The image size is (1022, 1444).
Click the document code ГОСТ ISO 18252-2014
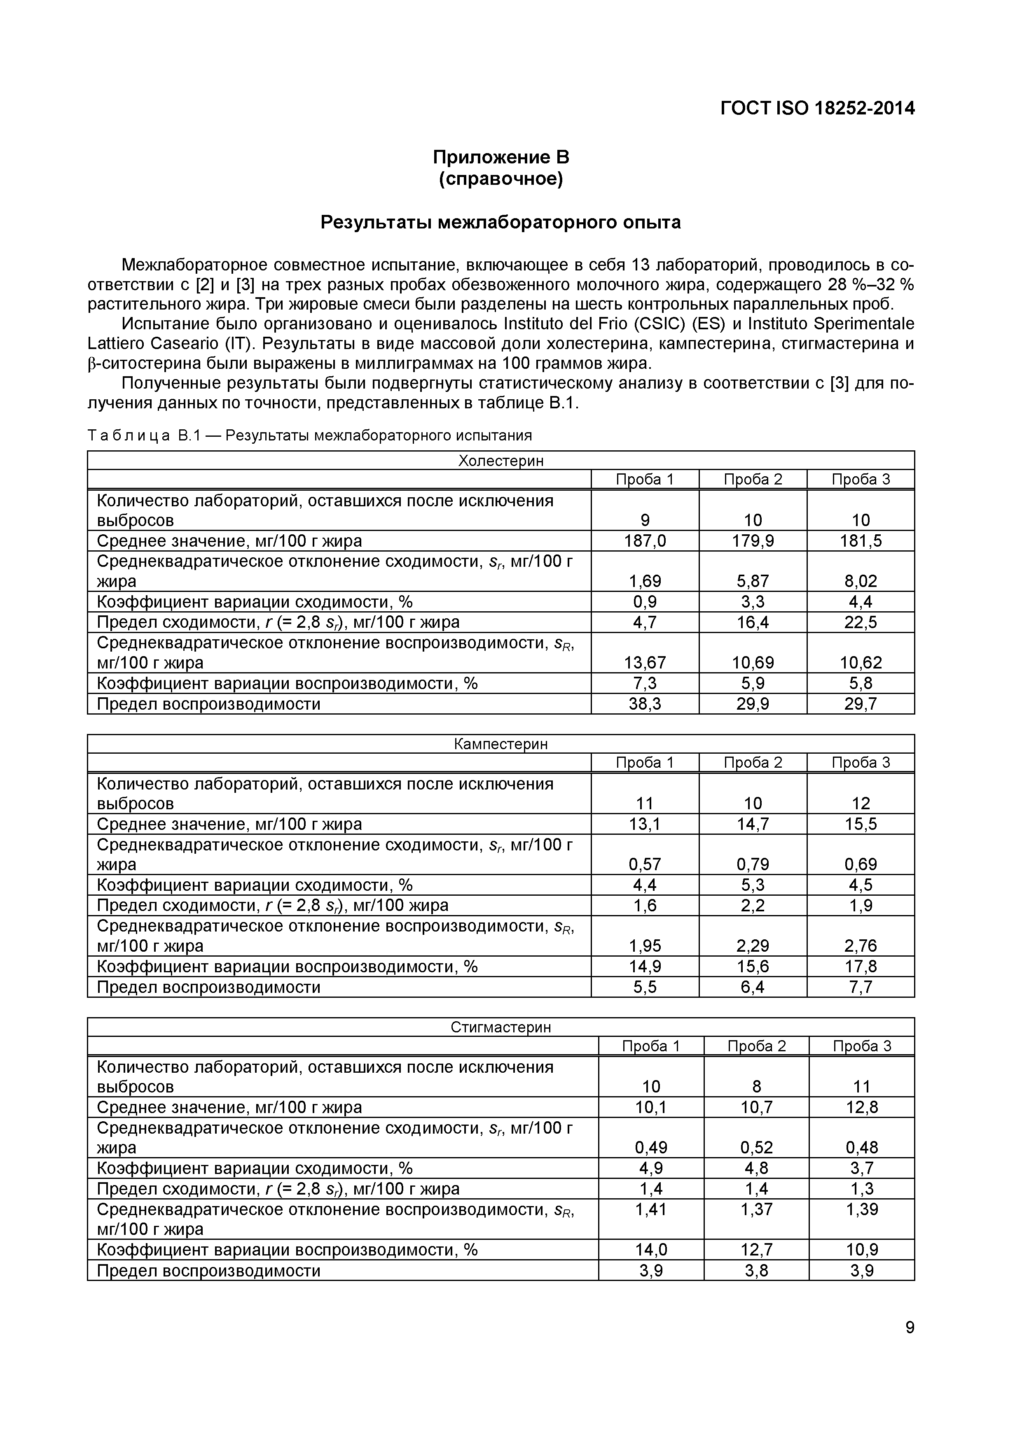(817, 109)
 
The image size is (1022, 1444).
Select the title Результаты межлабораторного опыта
(500, 222)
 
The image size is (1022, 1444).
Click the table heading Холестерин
(500, 460)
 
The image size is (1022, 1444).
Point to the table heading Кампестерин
(500, 744)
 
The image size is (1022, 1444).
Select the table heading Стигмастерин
(500, 1027)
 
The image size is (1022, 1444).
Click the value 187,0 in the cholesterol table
(644, 541)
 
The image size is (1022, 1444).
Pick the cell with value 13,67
(644, 662)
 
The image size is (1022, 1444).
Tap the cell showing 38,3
(644, 704)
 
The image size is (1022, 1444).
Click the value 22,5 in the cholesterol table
(860, 622)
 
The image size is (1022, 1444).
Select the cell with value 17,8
(860, 966)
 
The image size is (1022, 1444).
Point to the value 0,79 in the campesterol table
(753, 864)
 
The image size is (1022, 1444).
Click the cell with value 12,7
(756, 1249)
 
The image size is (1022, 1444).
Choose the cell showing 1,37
(756, 1209)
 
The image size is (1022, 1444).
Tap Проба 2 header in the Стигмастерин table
(756, 1046)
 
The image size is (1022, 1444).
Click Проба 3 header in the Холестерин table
(860, 479)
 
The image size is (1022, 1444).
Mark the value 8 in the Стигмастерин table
(756, 1086)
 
